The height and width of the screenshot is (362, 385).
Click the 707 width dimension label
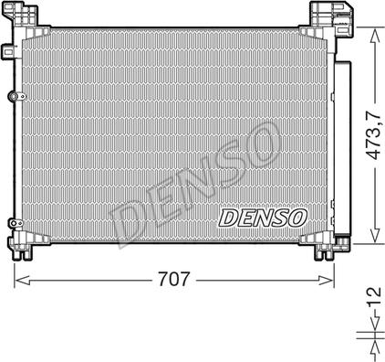pyautogui.click(x=174, y=279)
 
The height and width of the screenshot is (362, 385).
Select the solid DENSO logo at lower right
pyautogui.click(x=263, y=218)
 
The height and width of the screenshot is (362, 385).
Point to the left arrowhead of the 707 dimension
pyautogui.click(x=22, y=280)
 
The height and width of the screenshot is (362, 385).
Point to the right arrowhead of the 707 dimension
pyautogui.click(x=327, y=280)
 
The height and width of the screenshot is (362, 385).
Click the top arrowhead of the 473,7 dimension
pyautogui.click(x=375, y=35)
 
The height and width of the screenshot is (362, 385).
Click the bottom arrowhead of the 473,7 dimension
pyautogui.click(x=375, y=236)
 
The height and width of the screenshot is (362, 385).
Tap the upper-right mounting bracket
pyautogui.click(x=332, y=18)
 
